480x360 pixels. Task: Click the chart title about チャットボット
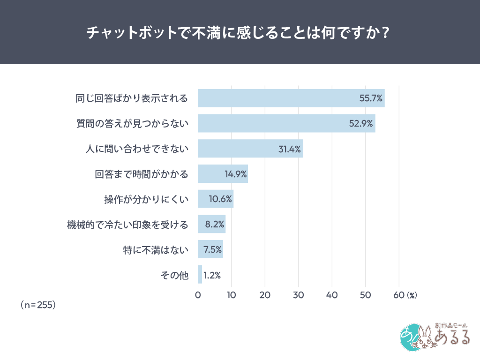coord(240,33)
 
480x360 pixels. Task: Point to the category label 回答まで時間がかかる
coord(142,174)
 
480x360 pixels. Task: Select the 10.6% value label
coord(220,199)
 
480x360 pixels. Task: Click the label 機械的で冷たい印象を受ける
coord(128,225)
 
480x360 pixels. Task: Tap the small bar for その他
coord(200,275)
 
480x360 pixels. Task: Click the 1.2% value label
coord(212,275)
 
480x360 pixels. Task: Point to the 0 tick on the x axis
coord(198,295)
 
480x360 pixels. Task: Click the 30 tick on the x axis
coord(299,295)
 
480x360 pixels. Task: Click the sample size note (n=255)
coord(38,305)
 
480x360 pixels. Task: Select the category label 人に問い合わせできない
coord(137,149)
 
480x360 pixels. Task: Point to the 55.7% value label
coord(371,98)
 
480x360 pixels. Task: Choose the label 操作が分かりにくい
coord(146,199)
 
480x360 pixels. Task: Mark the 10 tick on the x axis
coord(231,295)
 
